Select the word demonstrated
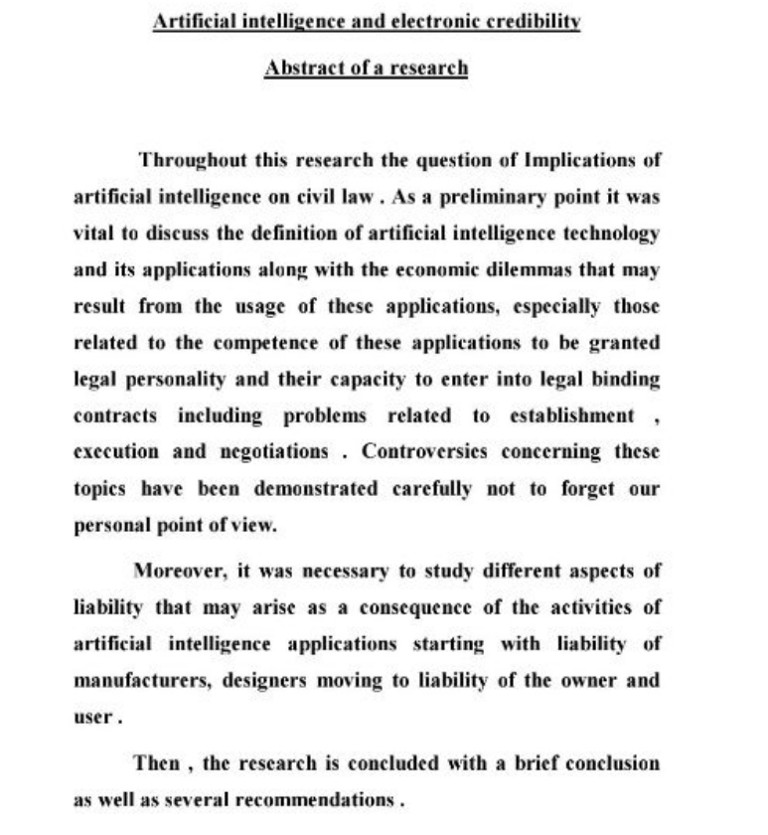tap(316, 489)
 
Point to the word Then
tap(157, 763)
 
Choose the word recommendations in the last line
tap(318, 799)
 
